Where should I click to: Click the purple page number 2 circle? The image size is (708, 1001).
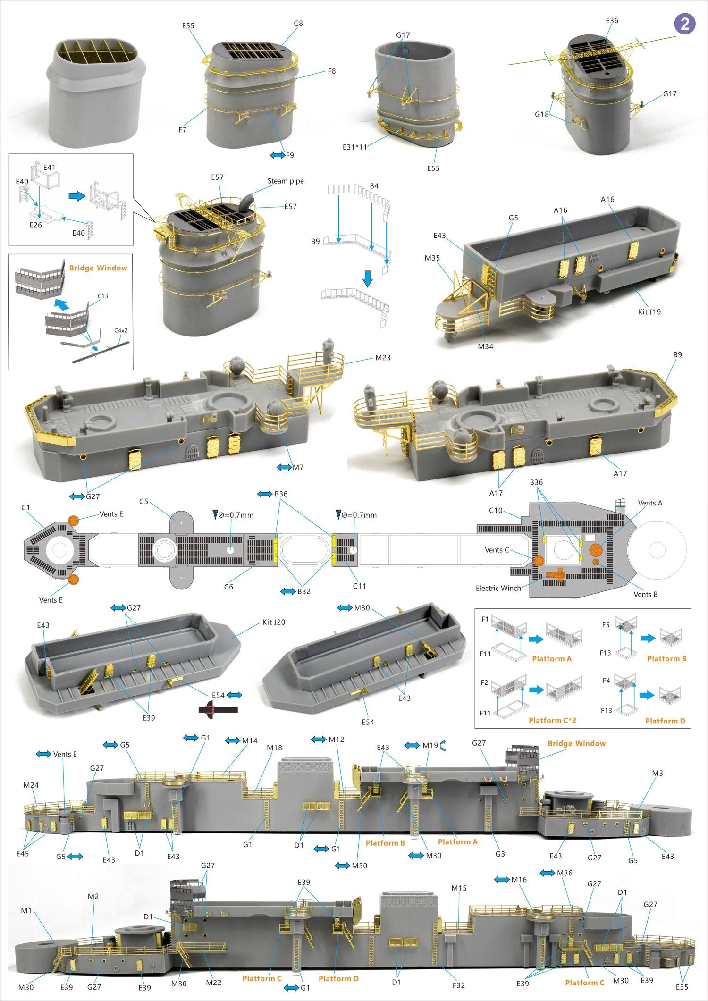(684, 23)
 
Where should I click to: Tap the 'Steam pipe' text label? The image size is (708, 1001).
(286, 181)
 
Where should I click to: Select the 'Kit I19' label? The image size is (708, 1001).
(649, 311)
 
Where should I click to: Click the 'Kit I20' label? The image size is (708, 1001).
(274, 622)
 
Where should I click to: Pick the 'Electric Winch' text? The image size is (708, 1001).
(498, 588)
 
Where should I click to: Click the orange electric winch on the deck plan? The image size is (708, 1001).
(555, 574)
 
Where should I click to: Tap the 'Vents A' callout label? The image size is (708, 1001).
(650, 503)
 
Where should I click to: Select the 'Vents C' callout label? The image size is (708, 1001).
(497, 550)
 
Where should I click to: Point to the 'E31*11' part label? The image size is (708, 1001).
(354, 147)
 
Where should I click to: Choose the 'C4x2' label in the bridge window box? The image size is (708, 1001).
(121, 330)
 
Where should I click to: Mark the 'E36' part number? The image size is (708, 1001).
(612, 21)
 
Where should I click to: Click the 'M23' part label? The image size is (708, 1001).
(383, 358)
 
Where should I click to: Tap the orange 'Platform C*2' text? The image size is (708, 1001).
(552, 720)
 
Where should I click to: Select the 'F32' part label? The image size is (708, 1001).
(458, 985)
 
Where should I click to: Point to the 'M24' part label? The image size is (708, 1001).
(31, 785)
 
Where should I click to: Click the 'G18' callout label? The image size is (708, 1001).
(541, 114)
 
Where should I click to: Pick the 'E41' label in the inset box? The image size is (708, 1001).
(49, 167)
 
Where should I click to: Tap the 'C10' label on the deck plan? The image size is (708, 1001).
(496, 510)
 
